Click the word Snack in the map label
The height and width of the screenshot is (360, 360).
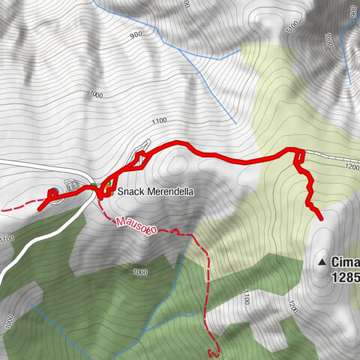130,192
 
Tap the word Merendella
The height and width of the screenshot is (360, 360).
169,192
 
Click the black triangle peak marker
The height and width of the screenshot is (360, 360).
323,262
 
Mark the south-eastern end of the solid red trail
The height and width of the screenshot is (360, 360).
321,217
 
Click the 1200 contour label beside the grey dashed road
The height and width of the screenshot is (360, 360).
352,168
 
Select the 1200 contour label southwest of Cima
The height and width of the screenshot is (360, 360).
292,307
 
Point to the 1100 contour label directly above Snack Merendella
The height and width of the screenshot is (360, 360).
158,121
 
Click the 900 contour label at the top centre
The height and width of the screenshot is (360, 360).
135,34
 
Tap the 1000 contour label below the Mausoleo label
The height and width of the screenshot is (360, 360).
139,271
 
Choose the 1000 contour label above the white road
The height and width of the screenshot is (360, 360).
95,94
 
